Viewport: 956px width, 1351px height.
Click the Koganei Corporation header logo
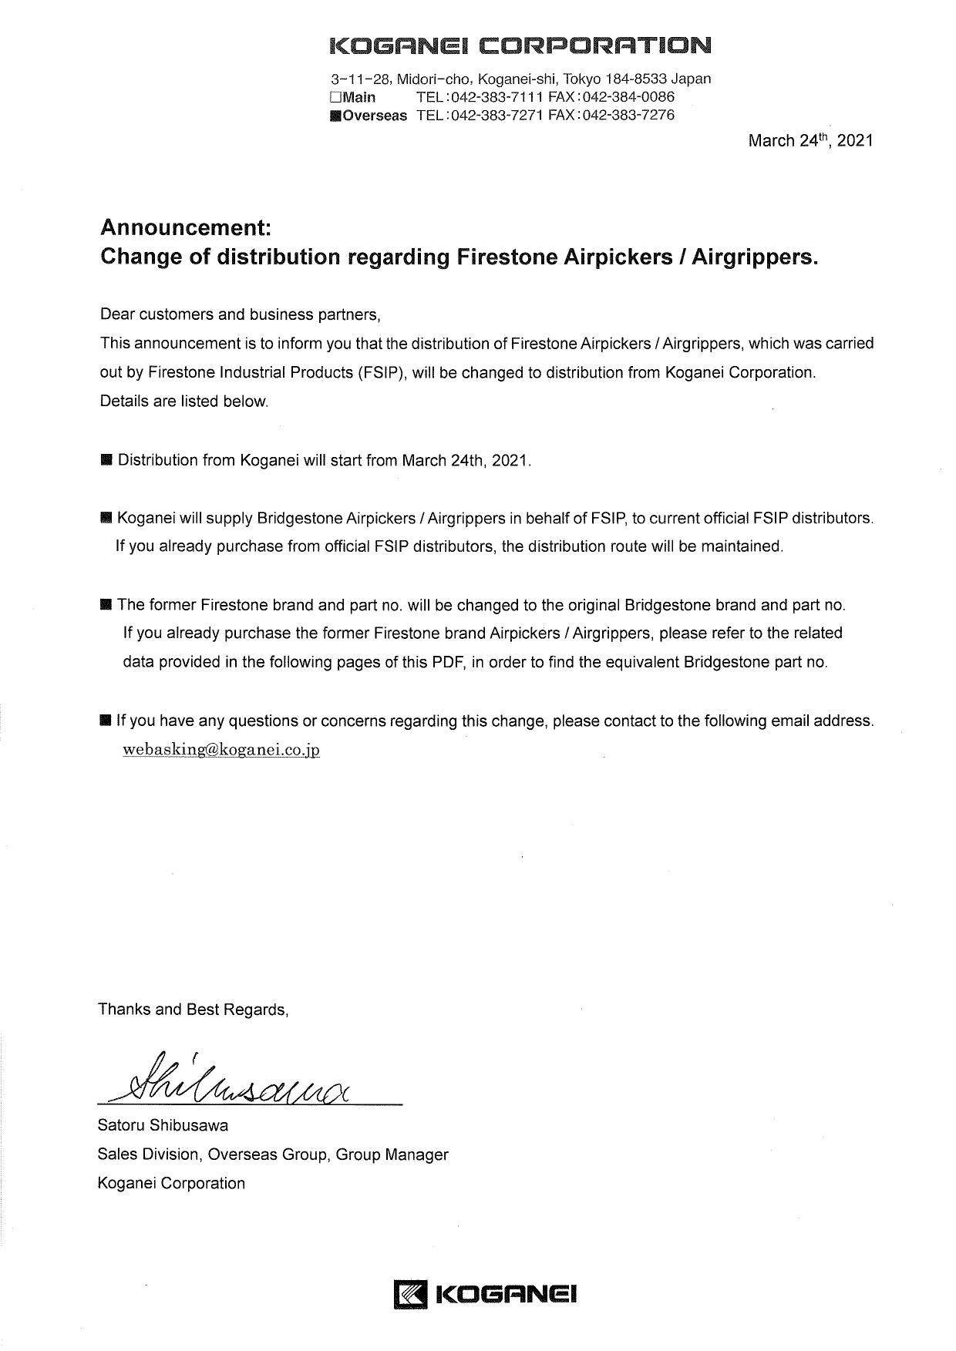click(520, 45)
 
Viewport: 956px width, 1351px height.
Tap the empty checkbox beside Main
click(335, 97)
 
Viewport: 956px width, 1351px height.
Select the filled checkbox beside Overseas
click(335, 116)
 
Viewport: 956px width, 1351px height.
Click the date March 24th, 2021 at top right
click(810, 140)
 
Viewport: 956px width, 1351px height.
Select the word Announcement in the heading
click(185, 227)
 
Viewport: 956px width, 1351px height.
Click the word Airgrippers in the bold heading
click(752, 257)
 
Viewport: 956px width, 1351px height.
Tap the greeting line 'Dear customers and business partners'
click(241, 314)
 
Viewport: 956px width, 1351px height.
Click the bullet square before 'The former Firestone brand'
click(106, 604)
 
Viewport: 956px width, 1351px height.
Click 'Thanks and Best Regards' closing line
click(193, 1010)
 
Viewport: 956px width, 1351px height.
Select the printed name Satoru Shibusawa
click(163, 1125)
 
